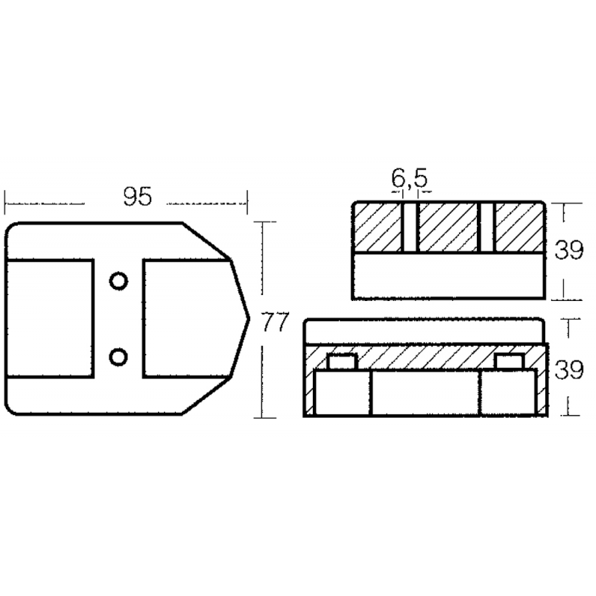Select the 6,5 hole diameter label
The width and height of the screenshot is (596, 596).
pyautogui.click(x=410, y=178)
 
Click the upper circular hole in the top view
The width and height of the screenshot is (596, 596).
pyautogui.click(x=117, y=281)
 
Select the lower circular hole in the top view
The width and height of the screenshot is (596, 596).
pyautogui.click(x=117, y=358)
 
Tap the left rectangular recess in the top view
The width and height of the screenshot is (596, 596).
pyautogui.click(x=50, y=319)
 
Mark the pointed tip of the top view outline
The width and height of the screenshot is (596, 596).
pyautogui.click(x=247, y=319)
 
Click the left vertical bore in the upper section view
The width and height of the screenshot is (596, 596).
pyautogui.click(x=410, y=227)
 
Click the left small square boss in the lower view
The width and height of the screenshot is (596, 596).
pyautogui.click(x=342, y=362)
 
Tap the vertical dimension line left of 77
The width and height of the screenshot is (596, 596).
pyautogui.click(x=263, y=320)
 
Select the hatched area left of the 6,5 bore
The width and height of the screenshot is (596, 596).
pyautogui.click(x=378, y=227)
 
